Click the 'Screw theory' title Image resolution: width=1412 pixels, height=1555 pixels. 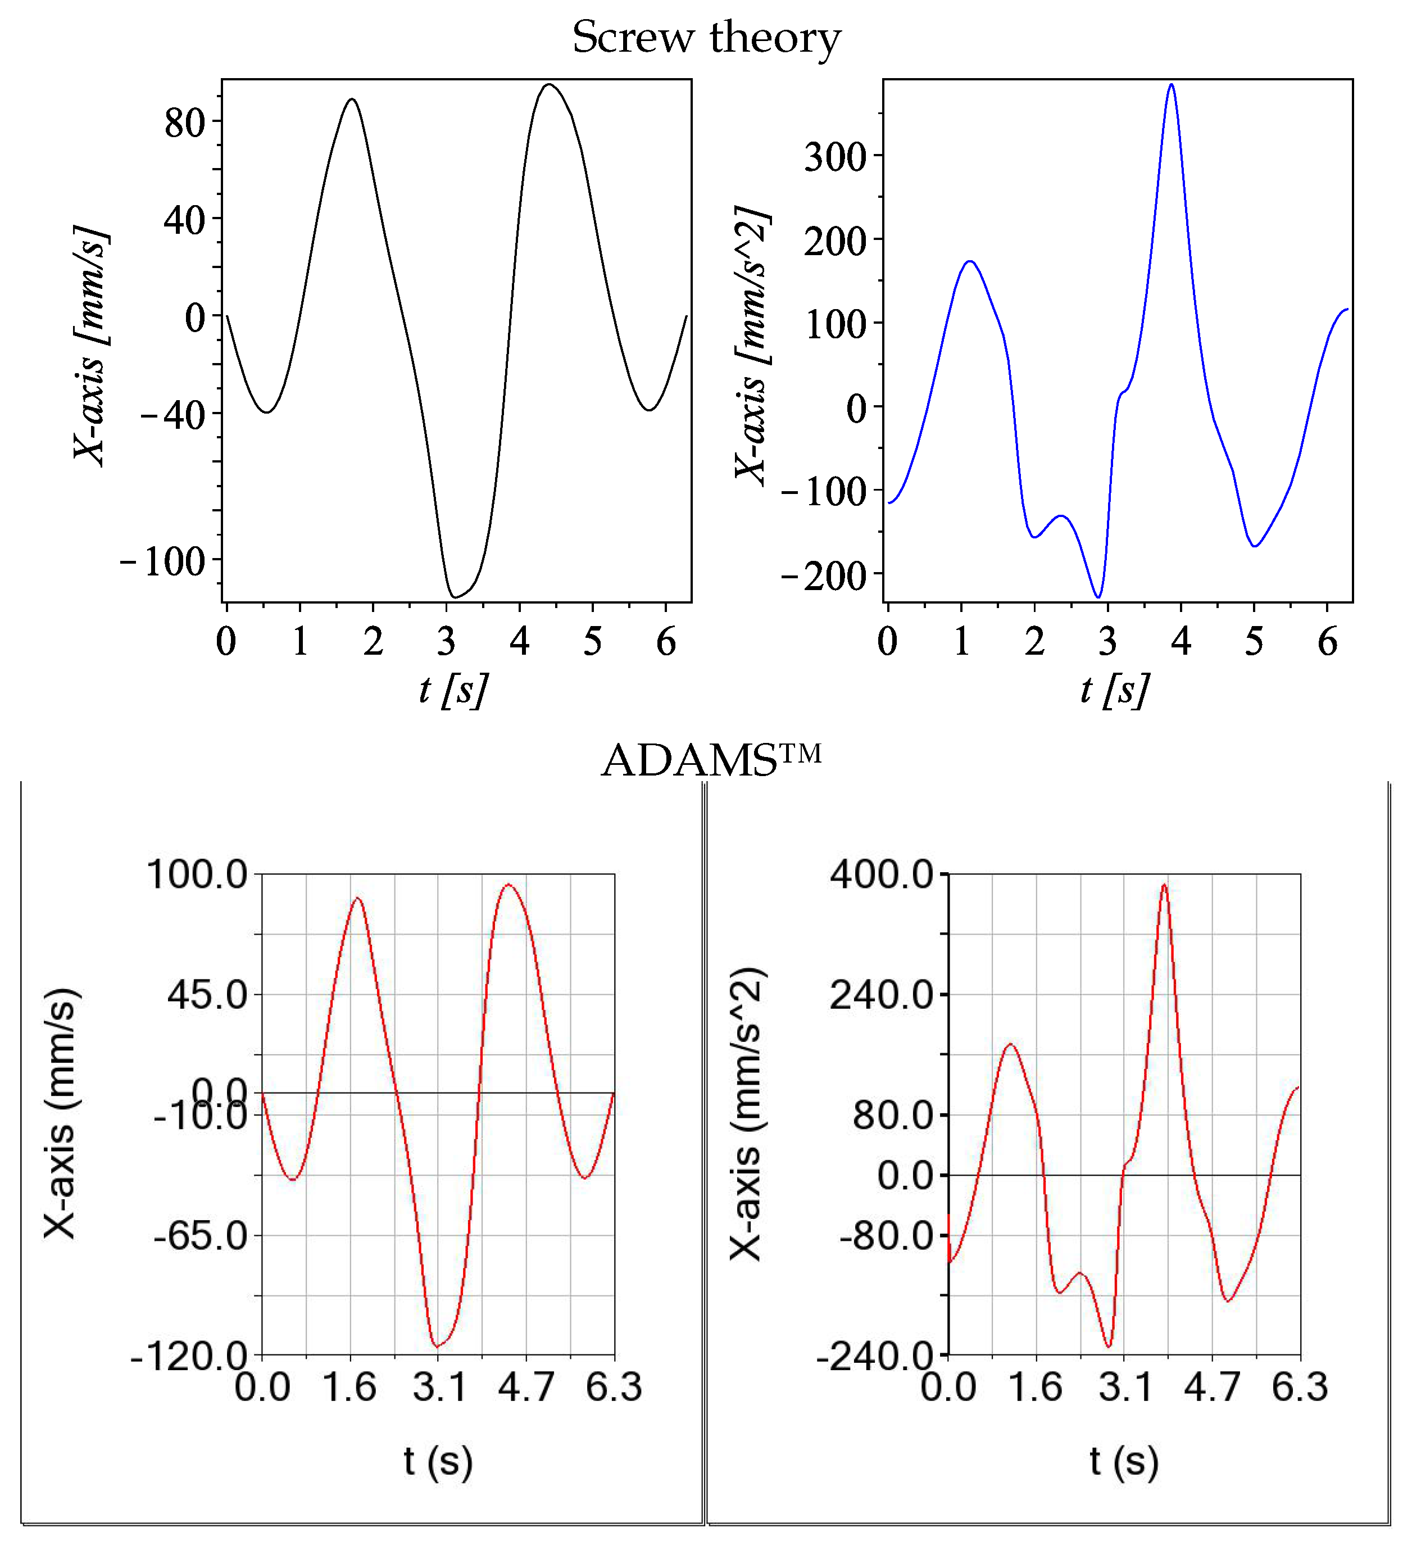[706, 37]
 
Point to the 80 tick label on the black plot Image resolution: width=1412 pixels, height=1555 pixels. [184, 123]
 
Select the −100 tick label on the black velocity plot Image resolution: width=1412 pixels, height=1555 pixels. [163, 561]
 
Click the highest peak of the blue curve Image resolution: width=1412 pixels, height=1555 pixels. [1172, 84]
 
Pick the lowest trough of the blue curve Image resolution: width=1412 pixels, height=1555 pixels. [1098, 597]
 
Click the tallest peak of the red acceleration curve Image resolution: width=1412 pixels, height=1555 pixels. [1164, 886]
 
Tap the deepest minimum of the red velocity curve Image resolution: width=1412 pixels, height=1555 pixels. [437, 1347]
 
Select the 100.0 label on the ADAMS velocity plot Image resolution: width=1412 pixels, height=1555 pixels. [197, 874]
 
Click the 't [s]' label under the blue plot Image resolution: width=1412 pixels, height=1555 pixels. [1115, 689]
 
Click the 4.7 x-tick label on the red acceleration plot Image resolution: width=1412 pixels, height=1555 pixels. [1213, 1387]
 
